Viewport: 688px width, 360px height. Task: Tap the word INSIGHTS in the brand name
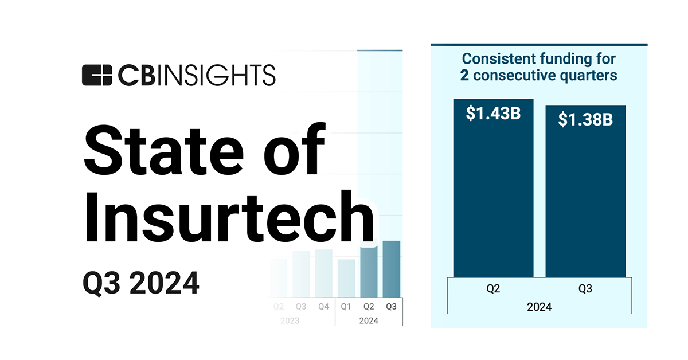[x=226, y=75]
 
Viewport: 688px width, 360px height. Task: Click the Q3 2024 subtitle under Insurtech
[x=140, y=283]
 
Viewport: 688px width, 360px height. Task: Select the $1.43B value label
[x=493, y=114]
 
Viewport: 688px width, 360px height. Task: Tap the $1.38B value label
[x=585, y=120]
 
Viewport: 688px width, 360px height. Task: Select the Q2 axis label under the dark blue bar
[x=493, y=289]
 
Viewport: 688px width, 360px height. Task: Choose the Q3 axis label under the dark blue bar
[x=585, y=289]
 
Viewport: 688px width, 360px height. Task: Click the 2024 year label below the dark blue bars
[x=539, y=307]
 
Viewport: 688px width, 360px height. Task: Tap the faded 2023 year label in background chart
[x=290, y=320]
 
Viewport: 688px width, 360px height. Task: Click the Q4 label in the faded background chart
[x=323, y=307]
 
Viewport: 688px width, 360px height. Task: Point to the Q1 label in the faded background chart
[x=346, y=307]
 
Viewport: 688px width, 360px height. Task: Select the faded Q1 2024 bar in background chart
[x=346, y=277]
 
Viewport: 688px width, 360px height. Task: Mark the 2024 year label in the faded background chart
[x=369, y=320]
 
